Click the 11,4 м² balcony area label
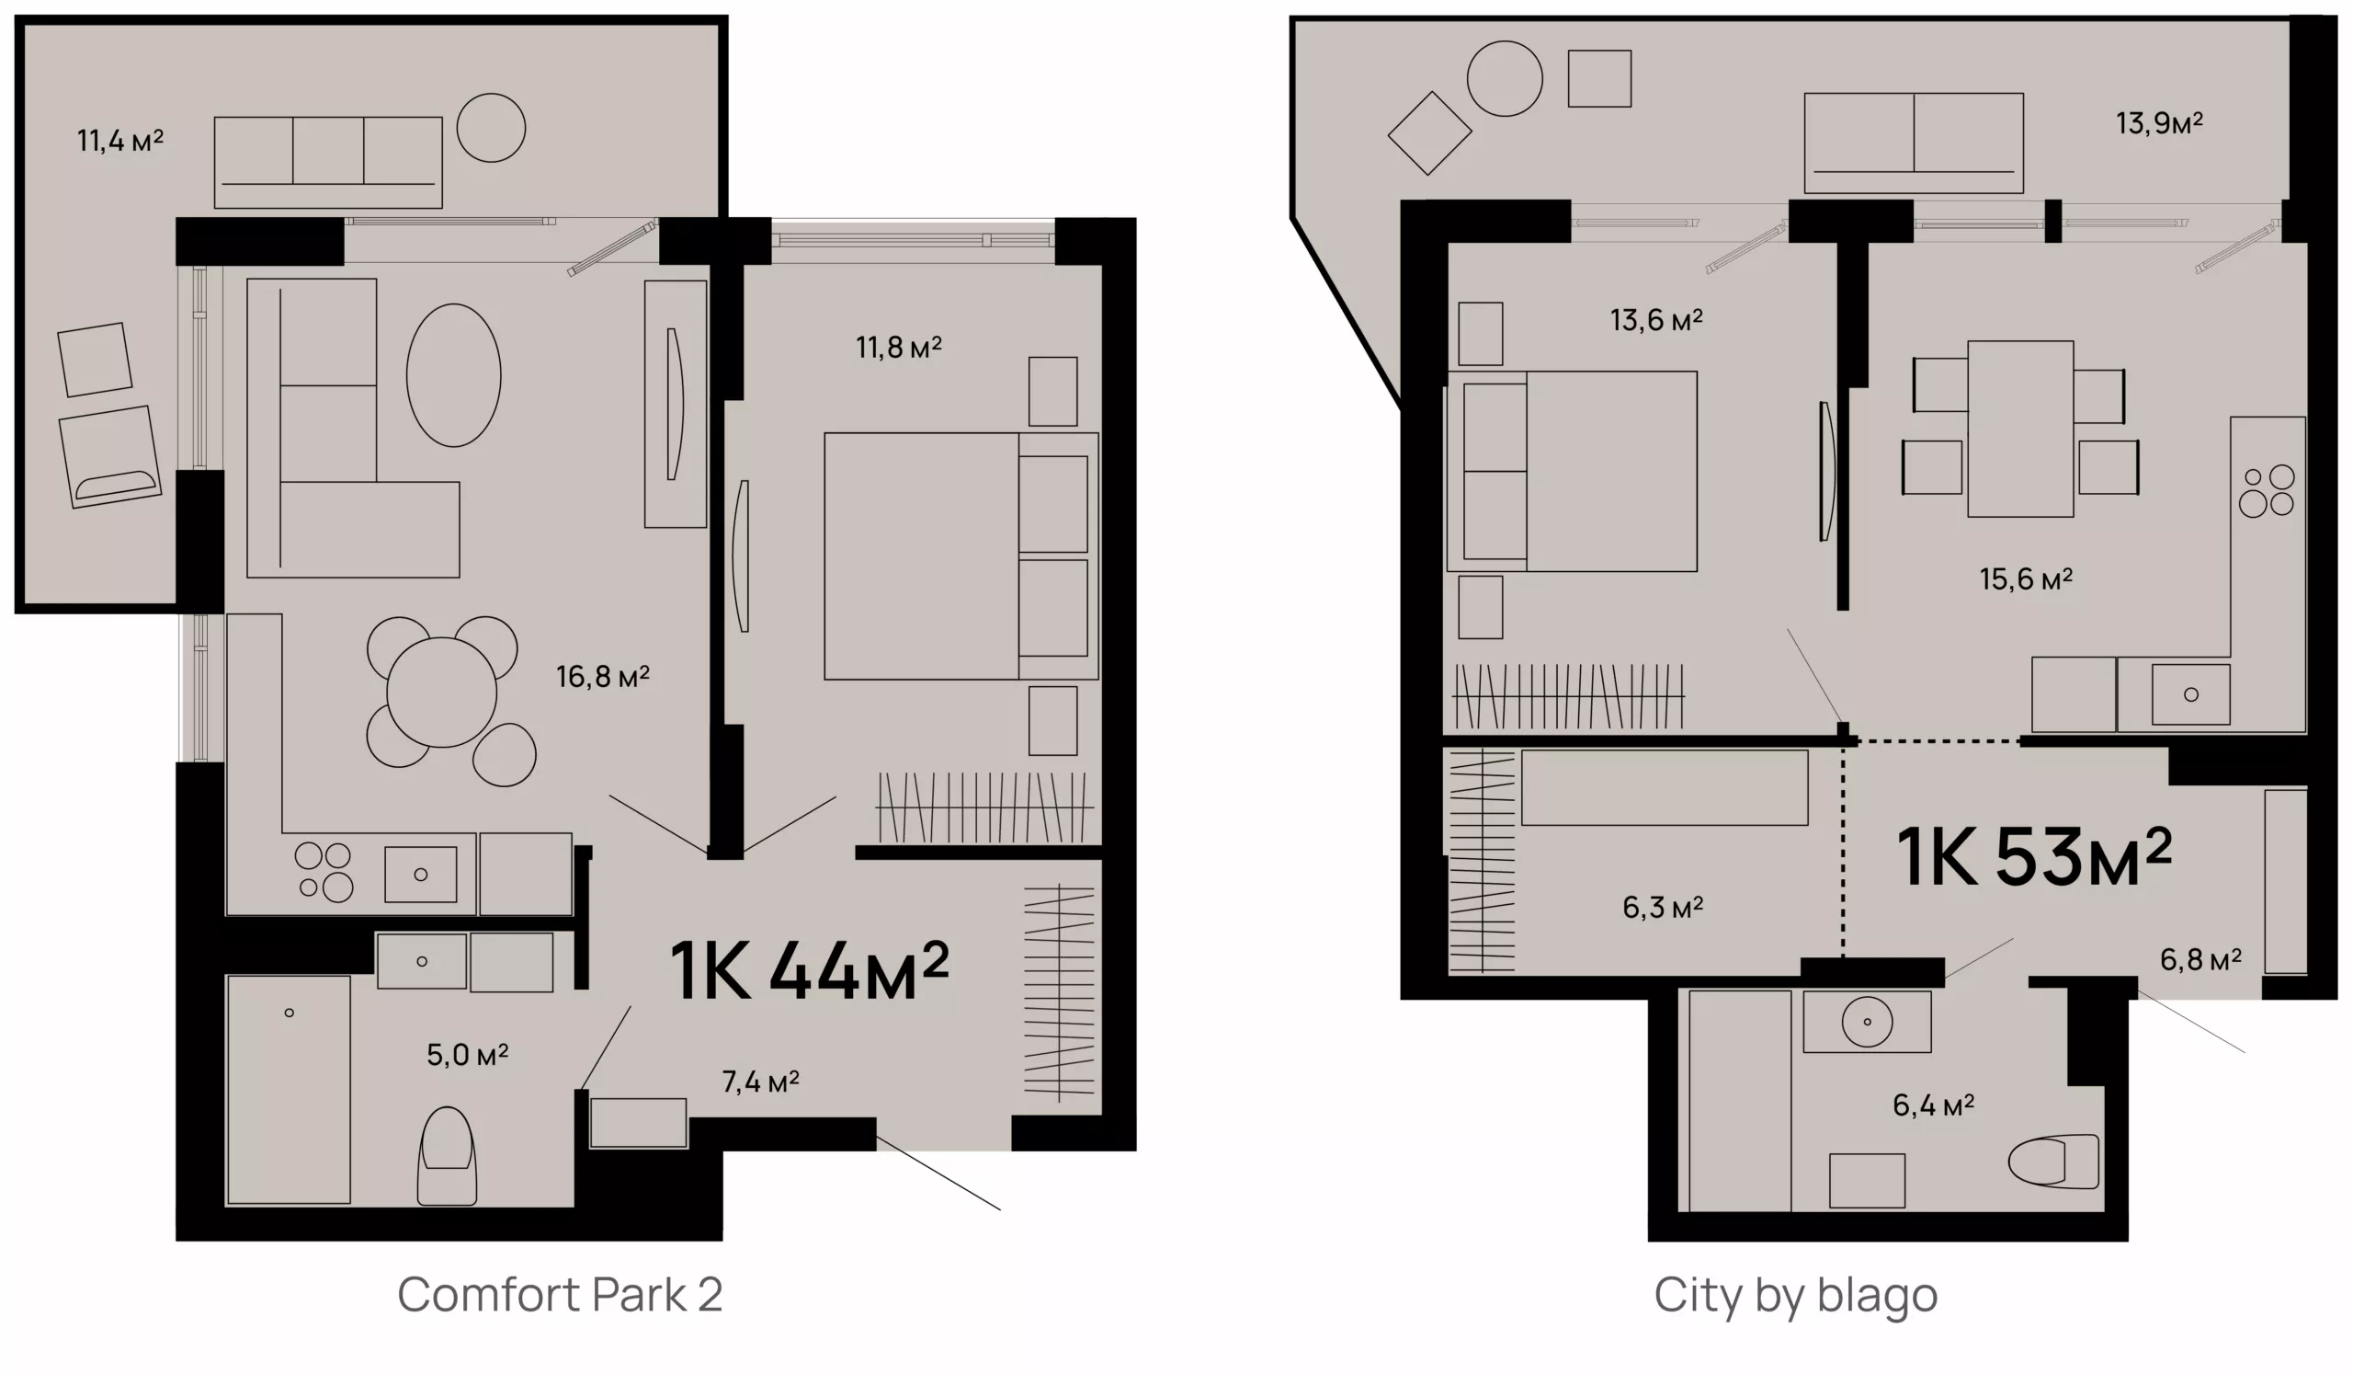click(119, 141)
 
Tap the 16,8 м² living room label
click(602, 676)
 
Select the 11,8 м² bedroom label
click(898, 348)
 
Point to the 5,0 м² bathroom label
click(467, 1055)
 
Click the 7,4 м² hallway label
click(760, 1082)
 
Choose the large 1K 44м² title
click(810, 971)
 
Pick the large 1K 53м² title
click(2034, 856)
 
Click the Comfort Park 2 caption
click(561, 1295)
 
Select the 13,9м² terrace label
click(2159, 123)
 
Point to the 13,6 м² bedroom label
click(1656, 320)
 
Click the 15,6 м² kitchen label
click(2026, 579)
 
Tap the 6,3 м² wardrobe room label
click(1663, 907)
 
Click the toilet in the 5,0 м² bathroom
click(447, 1155)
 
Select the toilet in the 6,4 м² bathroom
click(2052, 1161)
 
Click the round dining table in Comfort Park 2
click(442, 693)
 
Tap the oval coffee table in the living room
click(454, 375)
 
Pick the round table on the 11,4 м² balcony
click(491, 128)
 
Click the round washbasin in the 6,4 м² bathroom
click(1868, 1022)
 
